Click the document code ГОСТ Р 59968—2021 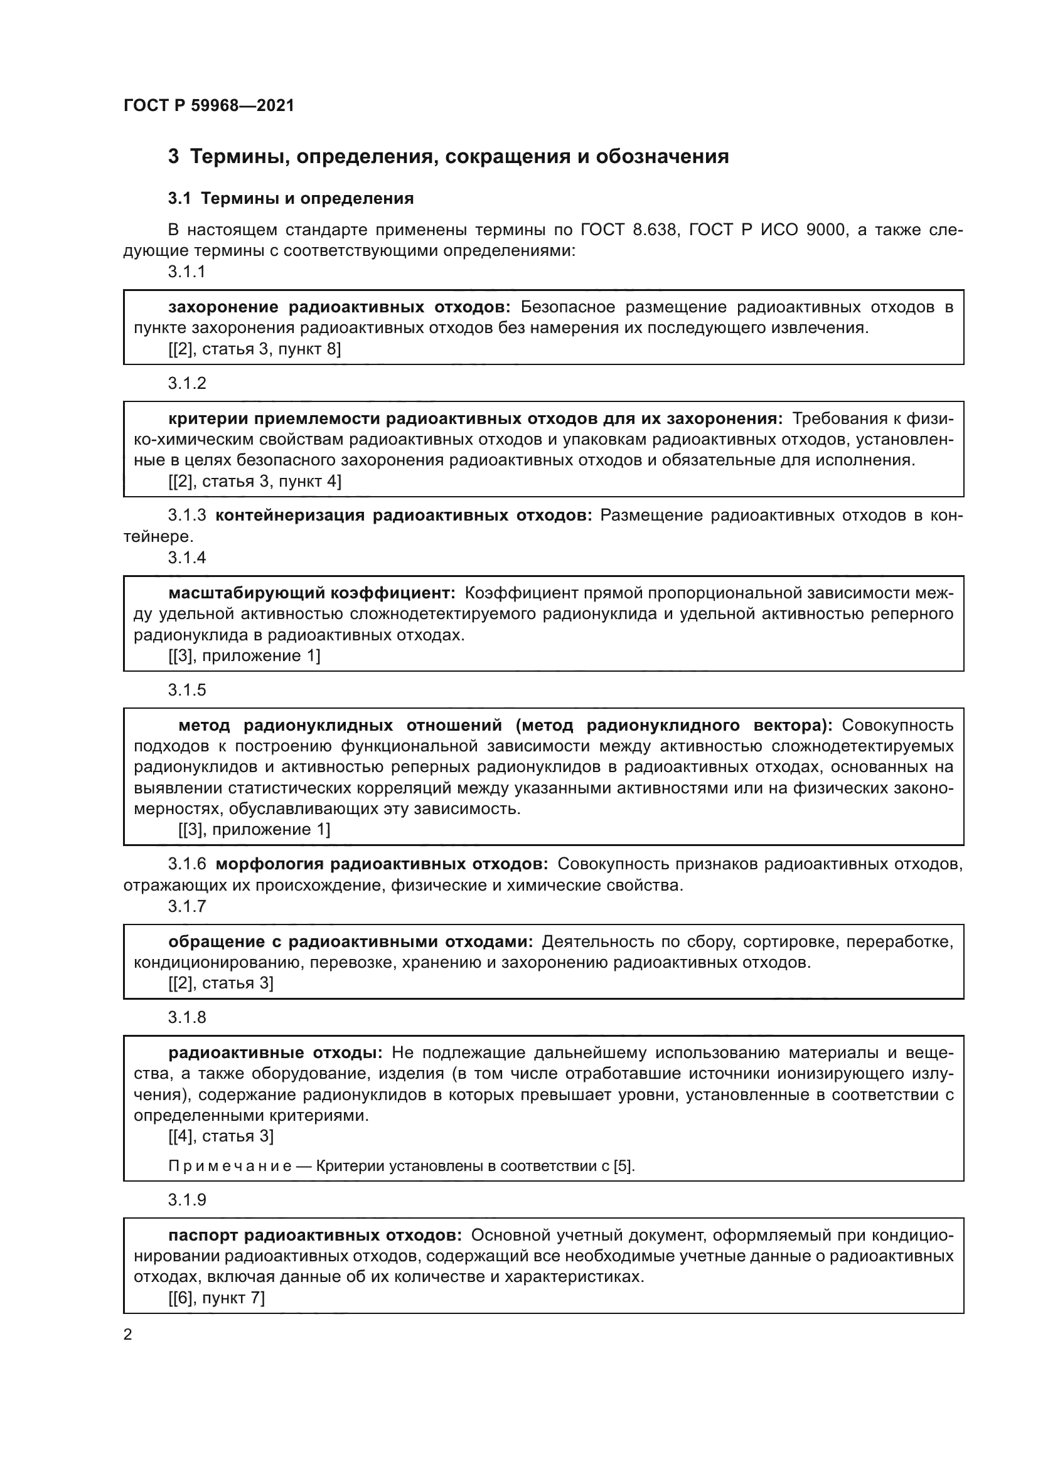[x=209, y=105]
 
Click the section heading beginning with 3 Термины [x=448, y=157]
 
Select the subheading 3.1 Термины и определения [x=291, y=199]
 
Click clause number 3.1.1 [x=186, y=272]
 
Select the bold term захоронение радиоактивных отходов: [x=339, y=307]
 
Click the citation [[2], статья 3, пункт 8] [x=254, y=349]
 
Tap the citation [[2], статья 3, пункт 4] [x=254, y=481]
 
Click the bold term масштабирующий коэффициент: [x=311, y=593]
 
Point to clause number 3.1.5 [x=186, y=690]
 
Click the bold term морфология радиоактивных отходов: [x=382, y=864]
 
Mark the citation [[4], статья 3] [x=220, y=1136]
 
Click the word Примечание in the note [x=230, y=1166]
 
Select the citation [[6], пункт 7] [x=216, y=1298]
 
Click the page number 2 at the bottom [x=128, y=1335]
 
